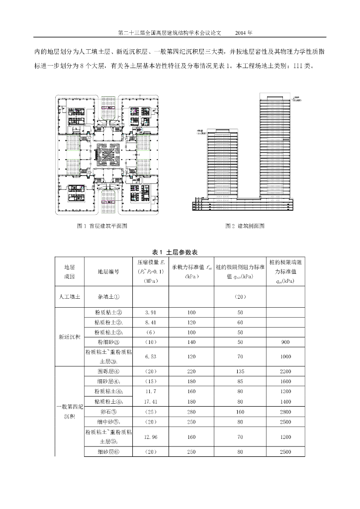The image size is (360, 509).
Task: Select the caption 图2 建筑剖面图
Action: tap(245, 226)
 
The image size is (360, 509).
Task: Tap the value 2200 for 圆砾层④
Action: tap(285, 371)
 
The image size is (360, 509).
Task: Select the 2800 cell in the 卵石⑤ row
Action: tap(285, 412)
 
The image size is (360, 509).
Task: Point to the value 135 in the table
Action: tap(240, 371)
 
